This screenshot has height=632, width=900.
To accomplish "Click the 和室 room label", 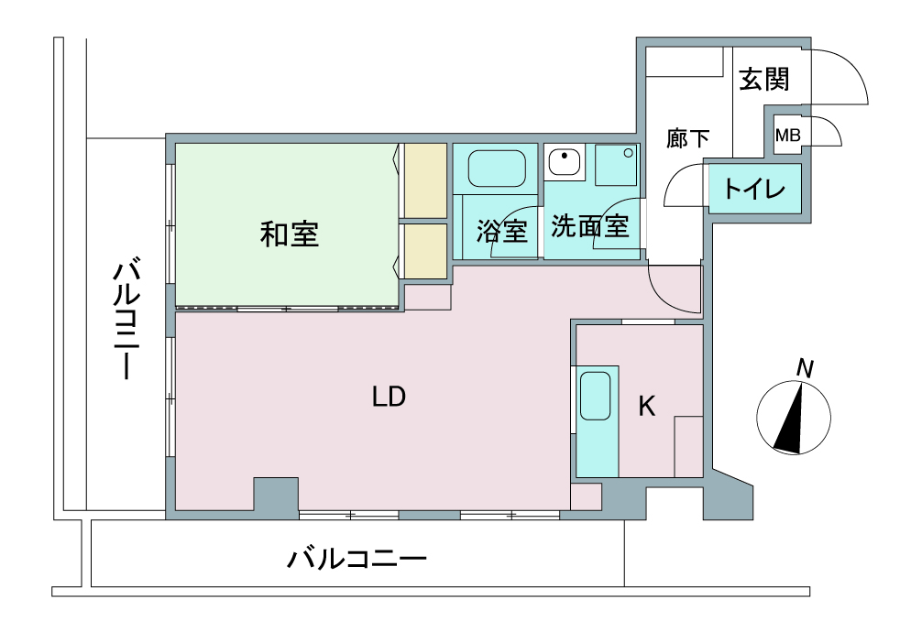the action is pos(290,234).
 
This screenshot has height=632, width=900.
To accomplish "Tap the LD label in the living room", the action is pos(390,397).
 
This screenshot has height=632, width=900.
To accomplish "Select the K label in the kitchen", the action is pos(647,406).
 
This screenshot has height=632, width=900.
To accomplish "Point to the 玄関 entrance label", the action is pos(764,79).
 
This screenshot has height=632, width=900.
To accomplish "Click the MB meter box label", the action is pos(787,136).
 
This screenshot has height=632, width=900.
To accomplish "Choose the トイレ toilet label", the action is pos(754,189).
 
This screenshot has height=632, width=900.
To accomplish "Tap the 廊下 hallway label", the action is pos(687,138).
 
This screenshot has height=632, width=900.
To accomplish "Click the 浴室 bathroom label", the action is pos(501,231).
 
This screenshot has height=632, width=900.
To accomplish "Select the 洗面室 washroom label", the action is pos(590,226).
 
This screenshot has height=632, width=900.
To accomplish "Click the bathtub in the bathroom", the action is pos(497,169).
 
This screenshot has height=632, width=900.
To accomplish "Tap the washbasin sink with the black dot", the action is pos(565,161).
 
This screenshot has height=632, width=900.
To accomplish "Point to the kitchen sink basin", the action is pos(595,396).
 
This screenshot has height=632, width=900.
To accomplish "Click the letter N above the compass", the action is pos(805,369).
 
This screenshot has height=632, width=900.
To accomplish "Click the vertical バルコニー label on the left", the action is pos(126,321).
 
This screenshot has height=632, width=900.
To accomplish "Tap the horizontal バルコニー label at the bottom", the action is pos(357,559).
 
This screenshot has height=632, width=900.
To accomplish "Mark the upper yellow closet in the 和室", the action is pos(425,180).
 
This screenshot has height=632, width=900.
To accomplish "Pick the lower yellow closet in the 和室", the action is pos(425,251).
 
